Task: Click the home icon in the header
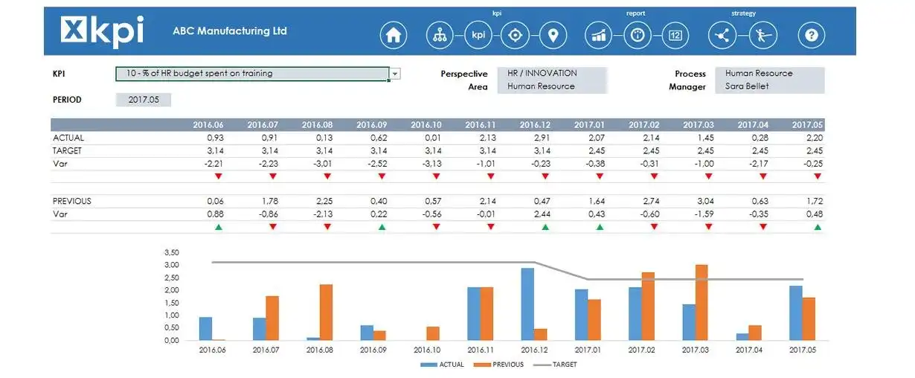[x=394, y=35]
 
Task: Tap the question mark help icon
[x=812, y=35]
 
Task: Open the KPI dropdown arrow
[x=395, y=74]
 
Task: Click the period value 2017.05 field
[x=144, y=100]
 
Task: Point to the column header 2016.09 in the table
[x=372, y=125]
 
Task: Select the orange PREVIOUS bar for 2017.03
[x=701, y=302]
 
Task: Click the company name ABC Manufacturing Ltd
[x=229, y=31]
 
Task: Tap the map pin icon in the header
[x=552, y=35]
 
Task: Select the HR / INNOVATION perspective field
[x=552, y=73]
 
